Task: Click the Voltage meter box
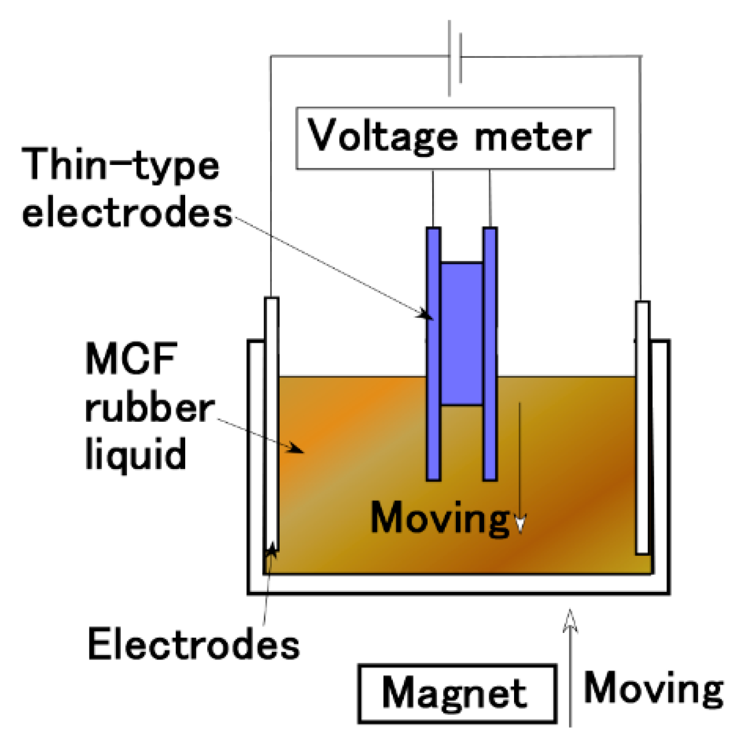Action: (455, 138)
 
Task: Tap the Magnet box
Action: (457, 694)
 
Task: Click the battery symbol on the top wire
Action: (455, 58)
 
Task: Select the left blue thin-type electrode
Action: (433, 353)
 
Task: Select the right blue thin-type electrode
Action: (490, 353)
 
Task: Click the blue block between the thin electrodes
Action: (462, 333)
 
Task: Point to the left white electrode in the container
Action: (271, 424)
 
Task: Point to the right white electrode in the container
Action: (642, 427)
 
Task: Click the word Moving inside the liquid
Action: (440, 518)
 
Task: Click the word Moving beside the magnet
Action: (653, 689)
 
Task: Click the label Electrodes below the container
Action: (193, 644)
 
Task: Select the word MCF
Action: (131, 359)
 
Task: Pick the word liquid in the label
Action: (136, 455)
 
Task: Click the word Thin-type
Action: (121, 166)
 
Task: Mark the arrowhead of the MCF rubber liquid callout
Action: (297, 449)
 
